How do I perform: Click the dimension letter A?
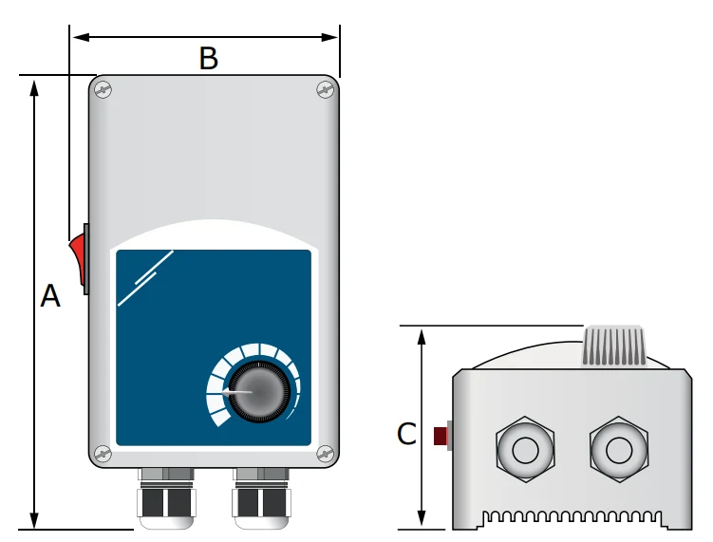click(50, 297)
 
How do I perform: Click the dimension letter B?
click(208, 59)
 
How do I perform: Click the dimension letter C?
click(406, 434)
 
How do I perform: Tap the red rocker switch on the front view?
click(77, 259)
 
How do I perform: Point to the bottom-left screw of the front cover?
click(103, 453)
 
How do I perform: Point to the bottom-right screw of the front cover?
click(325, 453)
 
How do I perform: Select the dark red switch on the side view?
click(441, 436)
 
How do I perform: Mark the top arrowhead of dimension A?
click(35, 87)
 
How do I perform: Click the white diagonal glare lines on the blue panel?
click(145, 278)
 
